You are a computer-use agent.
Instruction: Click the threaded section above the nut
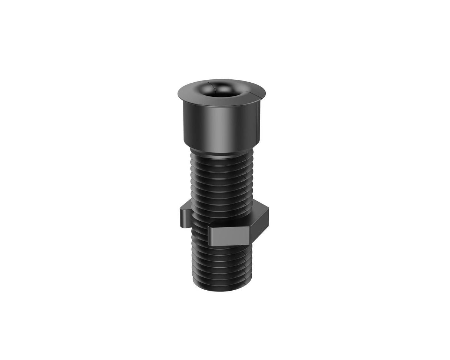(222, 182)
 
